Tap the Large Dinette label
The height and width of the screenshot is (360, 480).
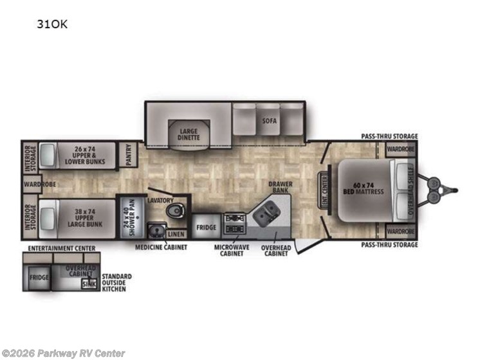pos(188,134)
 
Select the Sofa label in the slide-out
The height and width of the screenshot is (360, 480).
pos(268,120)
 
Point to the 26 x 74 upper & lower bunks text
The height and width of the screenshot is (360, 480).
pos(84,155)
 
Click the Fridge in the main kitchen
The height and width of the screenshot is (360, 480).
pos(206,228)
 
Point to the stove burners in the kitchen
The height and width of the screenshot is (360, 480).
pos(233,220)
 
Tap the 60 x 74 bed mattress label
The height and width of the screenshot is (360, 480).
pos(365,189)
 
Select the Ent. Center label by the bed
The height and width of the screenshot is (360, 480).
pos(324,190)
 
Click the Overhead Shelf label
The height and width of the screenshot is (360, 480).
pos(403,190)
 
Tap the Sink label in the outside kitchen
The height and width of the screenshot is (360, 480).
pos(88,283)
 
